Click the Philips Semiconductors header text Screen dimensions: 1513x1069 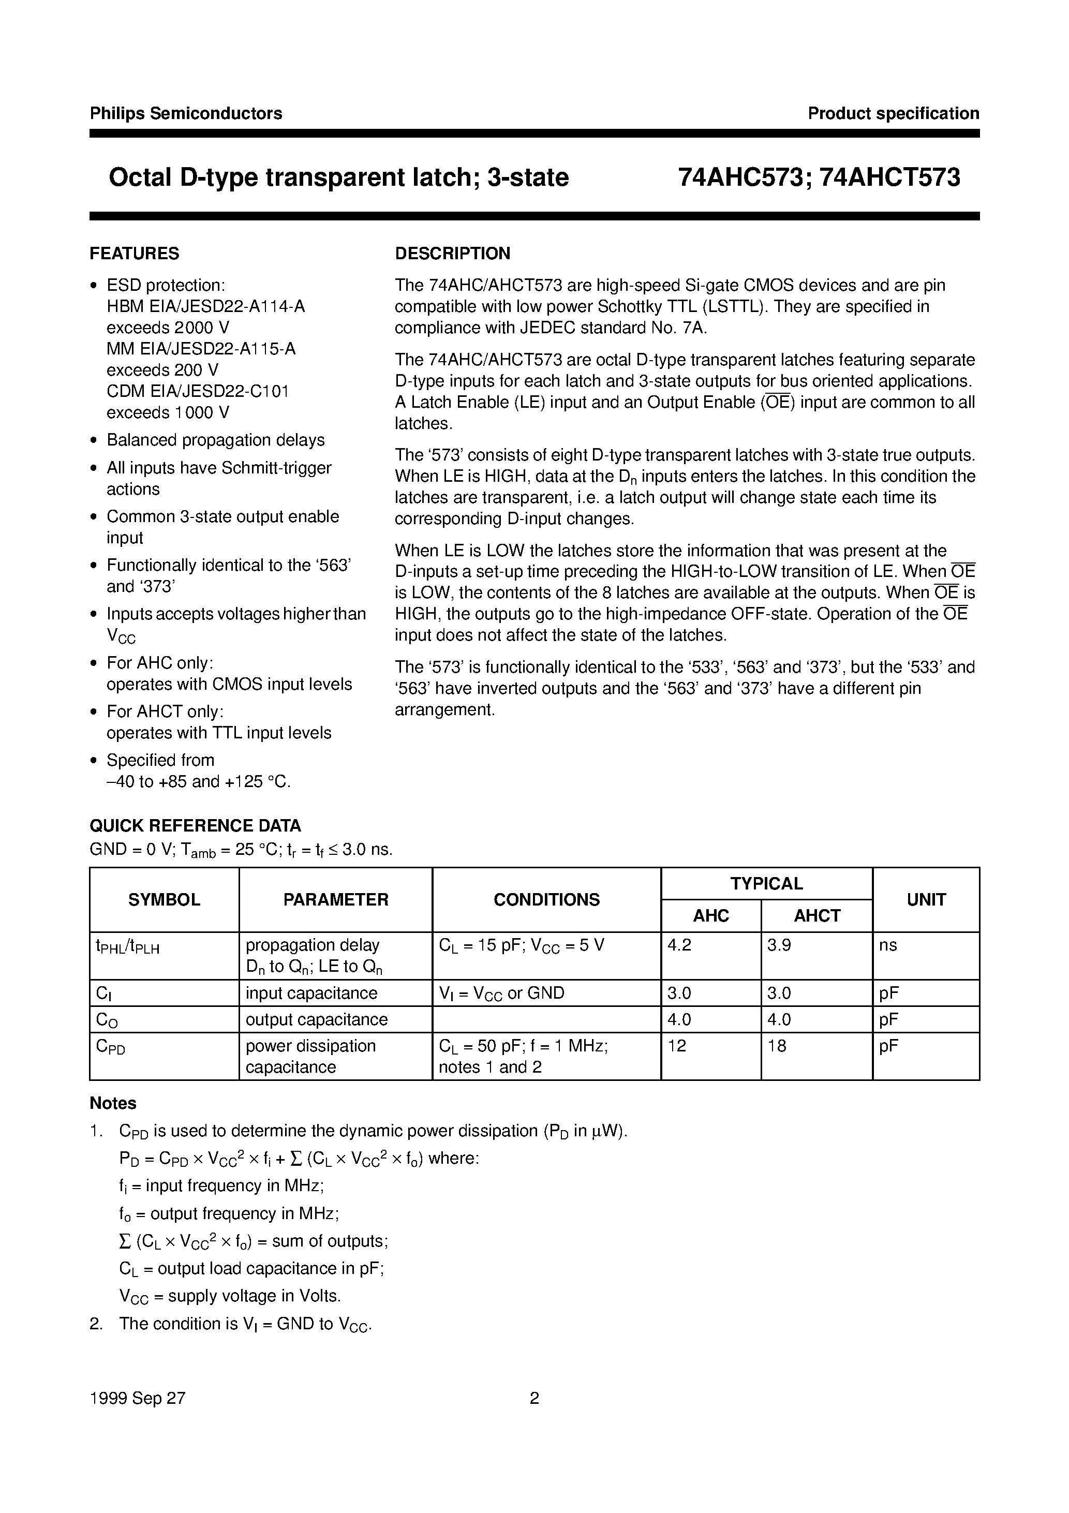click(186, 113)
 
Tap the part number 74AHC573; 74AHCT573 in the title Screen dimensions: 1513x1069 click(819, 178)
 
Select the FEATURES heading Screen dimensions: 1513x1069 click(134, 253)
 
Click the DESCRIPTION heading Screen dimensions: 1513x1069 click(452, 253)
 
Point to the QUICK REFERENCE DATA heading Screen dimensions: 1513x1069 click(195, 826)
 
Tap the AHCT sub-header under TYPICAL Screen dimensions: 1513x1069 click(816, 915)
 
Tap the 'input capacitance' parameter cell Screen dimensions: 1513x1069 click(311, 993)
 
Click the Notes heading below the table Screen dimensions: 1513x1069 click(113, 1103)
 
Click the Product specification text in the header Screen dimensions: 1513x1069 click(893, 113)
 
